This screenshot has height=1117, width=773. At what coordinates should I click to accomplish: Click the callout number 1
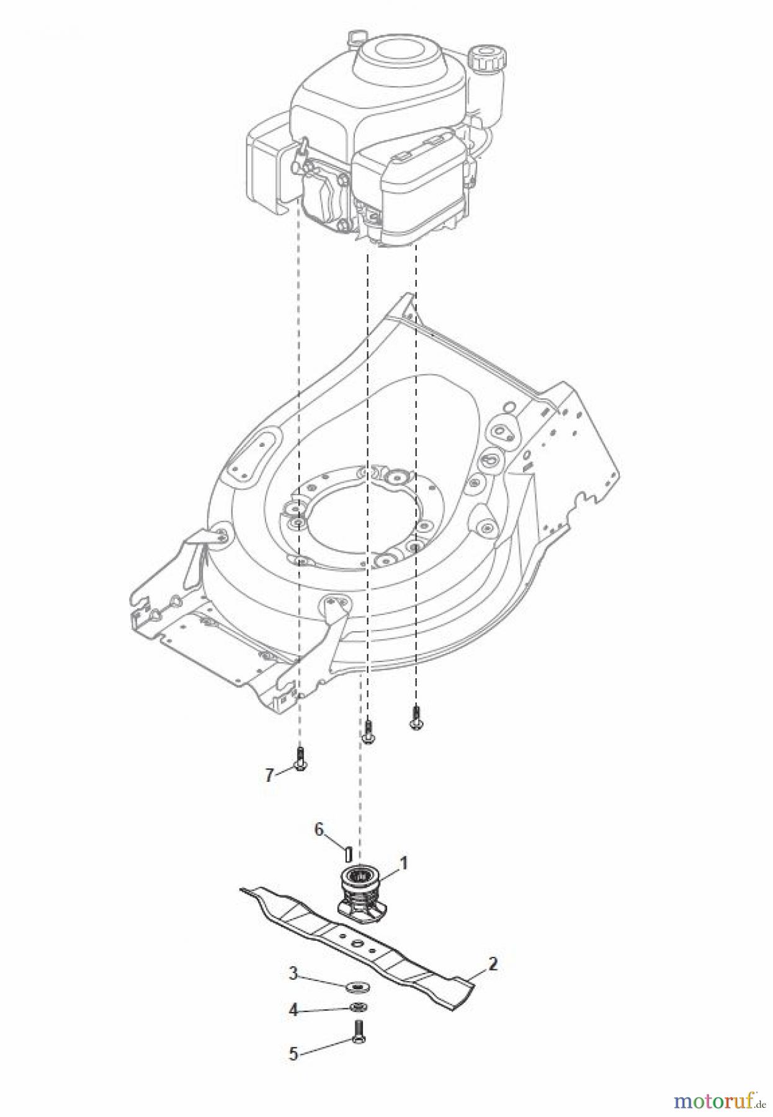403,862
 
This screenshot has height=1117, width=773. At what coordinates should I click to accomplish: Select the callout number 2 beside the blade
492,963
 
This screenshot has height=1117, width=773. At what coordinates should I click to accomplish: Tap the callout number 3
294,975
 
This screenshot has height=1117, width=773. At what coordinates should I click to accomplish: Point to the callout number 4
294,1010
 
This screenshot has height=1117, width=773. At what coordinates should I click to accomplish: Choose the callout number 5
293,1054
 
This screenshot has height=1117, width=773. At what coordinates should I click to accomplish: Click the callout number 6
319,830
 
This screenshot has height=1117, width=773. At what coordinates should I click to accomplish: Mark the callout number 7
269,774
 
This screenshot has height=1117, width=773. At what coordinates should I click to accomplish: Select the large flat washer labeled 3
359,986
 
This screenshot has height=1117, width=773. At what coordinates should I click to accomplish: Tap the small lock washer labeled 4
359,1007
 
